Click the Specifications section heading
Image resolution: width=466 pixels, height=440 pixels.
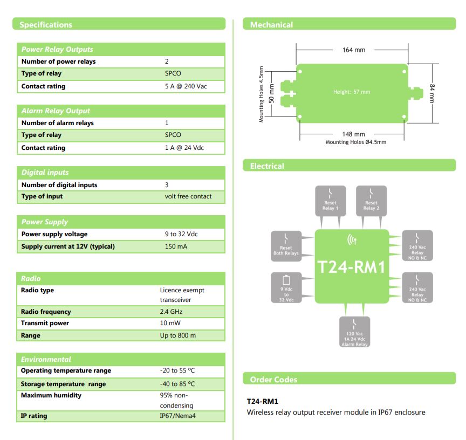46,24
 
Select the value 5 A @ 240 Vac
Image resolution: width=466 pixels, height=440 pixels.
186,86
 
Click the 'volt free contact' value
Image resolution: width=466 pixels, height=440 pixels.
188,196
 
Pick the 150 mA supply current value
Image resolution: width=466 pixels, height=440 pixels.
176,247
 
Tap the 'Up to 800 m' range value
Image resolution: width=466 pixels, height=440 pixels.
178,335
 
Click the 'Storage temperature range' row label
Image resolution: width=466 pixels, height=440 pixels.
63,384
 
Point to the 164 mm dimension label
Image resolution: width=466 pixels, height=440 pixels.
354,50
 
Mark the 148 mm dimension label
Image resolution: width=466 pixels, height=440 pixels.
354,134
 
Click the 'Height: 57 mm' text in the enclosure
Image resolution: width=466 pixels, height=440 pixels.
352,92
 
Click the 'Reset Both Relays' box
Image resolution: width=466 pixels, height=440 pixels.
286,245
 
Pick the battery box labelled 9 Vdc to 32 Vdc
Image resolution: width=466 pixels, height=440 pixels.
286,287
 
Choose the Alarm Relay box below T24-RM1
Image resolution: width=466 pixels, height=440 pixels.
354,332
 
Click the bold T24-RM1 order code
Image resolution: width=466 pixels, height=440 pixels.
262,402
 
